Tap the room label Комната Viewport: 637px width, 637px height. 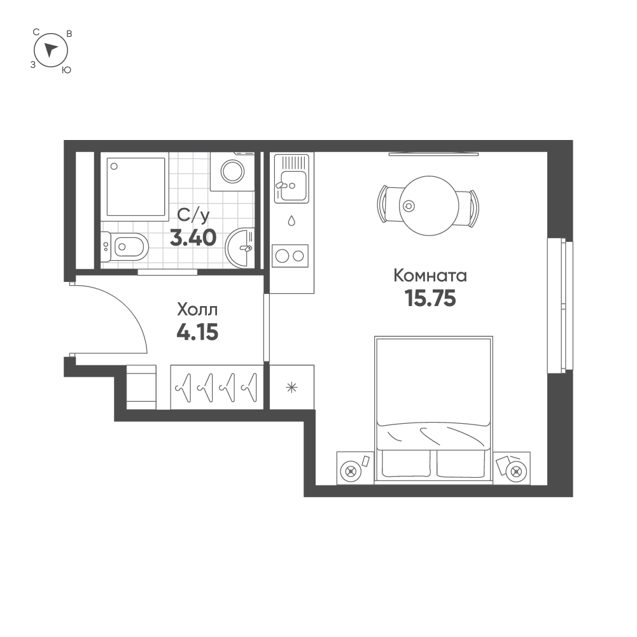tap(430, 276)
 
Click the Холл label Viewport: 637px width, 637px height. tap(197, 310)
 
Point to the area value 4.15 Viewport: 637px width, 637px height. tap(197, 332)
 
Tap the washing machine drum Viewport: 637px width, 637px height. tap(232, 171)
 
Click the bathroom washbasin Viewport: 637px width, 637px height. tap(241, 247)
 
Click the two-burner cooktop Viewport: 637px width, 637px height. tap(290, 256)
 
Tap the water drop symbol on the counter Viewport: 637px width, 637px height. tap(291, 221)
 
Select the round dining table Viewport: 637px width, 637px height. tap(430, 206)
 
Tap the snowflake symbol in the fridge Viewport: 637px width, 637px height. tap(291, 387)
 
